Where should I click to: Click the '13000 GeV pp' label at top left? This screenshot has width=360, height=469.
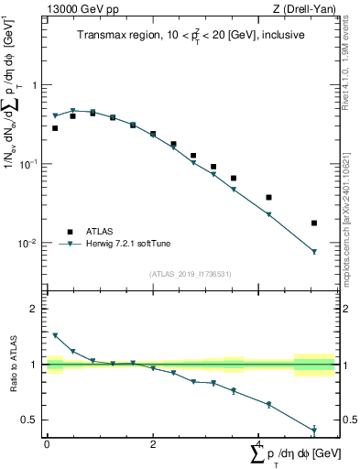point(80,10)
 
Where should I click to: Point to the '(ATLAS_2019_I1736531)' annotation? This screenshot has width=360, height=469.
point(191,273)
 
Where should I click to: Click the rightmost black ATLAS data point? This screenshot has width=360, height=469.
point(314,223)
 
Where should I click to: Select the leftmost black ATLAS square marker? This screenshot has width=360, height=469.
point(55,128)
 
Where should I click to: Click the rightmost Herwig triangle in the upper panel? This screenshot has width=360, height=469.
point(314,252)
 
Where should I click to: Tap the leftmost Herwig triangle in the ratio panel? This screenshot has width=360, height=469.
point(55,335)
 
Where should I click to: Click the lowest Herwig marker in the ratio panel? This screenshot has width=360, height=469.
point(314,430)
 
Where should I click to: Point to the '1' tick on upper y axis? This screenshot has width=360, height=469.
point(36,85)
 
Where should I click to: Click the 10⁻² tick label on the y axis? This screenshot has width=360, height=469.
point(30,244)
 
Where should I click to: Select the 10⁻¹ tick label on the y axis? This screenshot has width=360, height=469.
point(30,164)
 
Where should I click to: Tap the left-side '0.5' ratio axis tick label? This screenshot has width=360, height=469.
point(31,420)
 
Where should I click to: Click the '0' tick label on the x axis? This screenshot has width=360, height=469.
point(47,443)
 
